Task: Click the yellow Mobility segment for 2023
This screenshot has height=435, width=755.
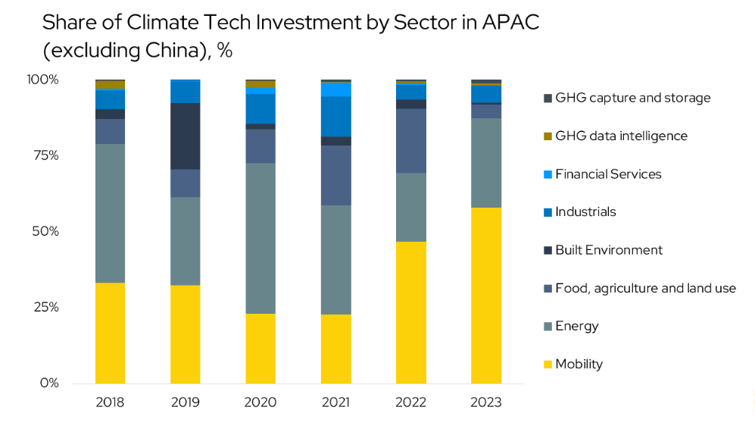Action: click(x=485, y=295)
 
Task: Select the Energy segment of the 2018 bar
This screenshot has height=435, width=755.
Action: click(x=110, y=213)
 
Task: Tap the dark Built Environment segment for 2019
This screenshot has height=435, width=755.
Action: click(x=185, y=136)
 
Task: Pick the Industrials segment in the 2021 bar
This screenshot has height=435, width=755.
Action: click(x=335, y=116)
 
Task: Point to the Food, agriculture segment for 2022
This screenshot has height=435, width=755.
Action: click(x=410, y=141)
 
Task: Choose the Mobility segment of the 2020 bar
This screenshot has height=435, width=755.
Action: click(x=261, y=348)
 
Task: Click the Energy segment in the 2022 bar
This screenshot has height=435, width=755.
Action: click(x=410, y=207)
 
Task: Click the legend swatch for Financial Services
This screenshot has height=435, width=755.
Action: click(x=548, y=174)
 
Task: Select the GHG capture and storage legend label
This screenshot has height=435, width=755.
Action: click(x=632, y=98)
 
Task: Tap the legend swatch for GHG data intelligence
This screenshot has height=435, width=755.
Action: click(x=548, y=136)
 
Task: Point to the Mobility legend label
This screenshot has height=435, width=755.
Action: click(x=579, y=364)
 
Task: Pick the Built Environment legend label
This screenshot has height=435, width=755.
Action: click(x=608, y=250)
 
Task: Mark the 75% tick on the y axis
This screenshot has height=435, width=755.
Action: click(x=45, y=155)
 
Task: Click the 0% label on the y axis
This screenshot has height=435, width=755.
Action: click(x=49, y=383)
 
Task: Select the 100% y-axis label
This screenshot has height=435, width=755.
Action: click(x=42, y=80)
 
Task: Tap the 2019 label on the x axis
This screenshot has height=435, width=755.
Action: click(x=185, y=402)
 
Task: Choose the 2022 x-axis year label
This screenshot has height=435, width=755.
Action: click(x=410, y=402)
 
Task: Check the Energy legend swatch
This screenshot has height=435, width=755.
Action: click(x=548, y=327)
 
